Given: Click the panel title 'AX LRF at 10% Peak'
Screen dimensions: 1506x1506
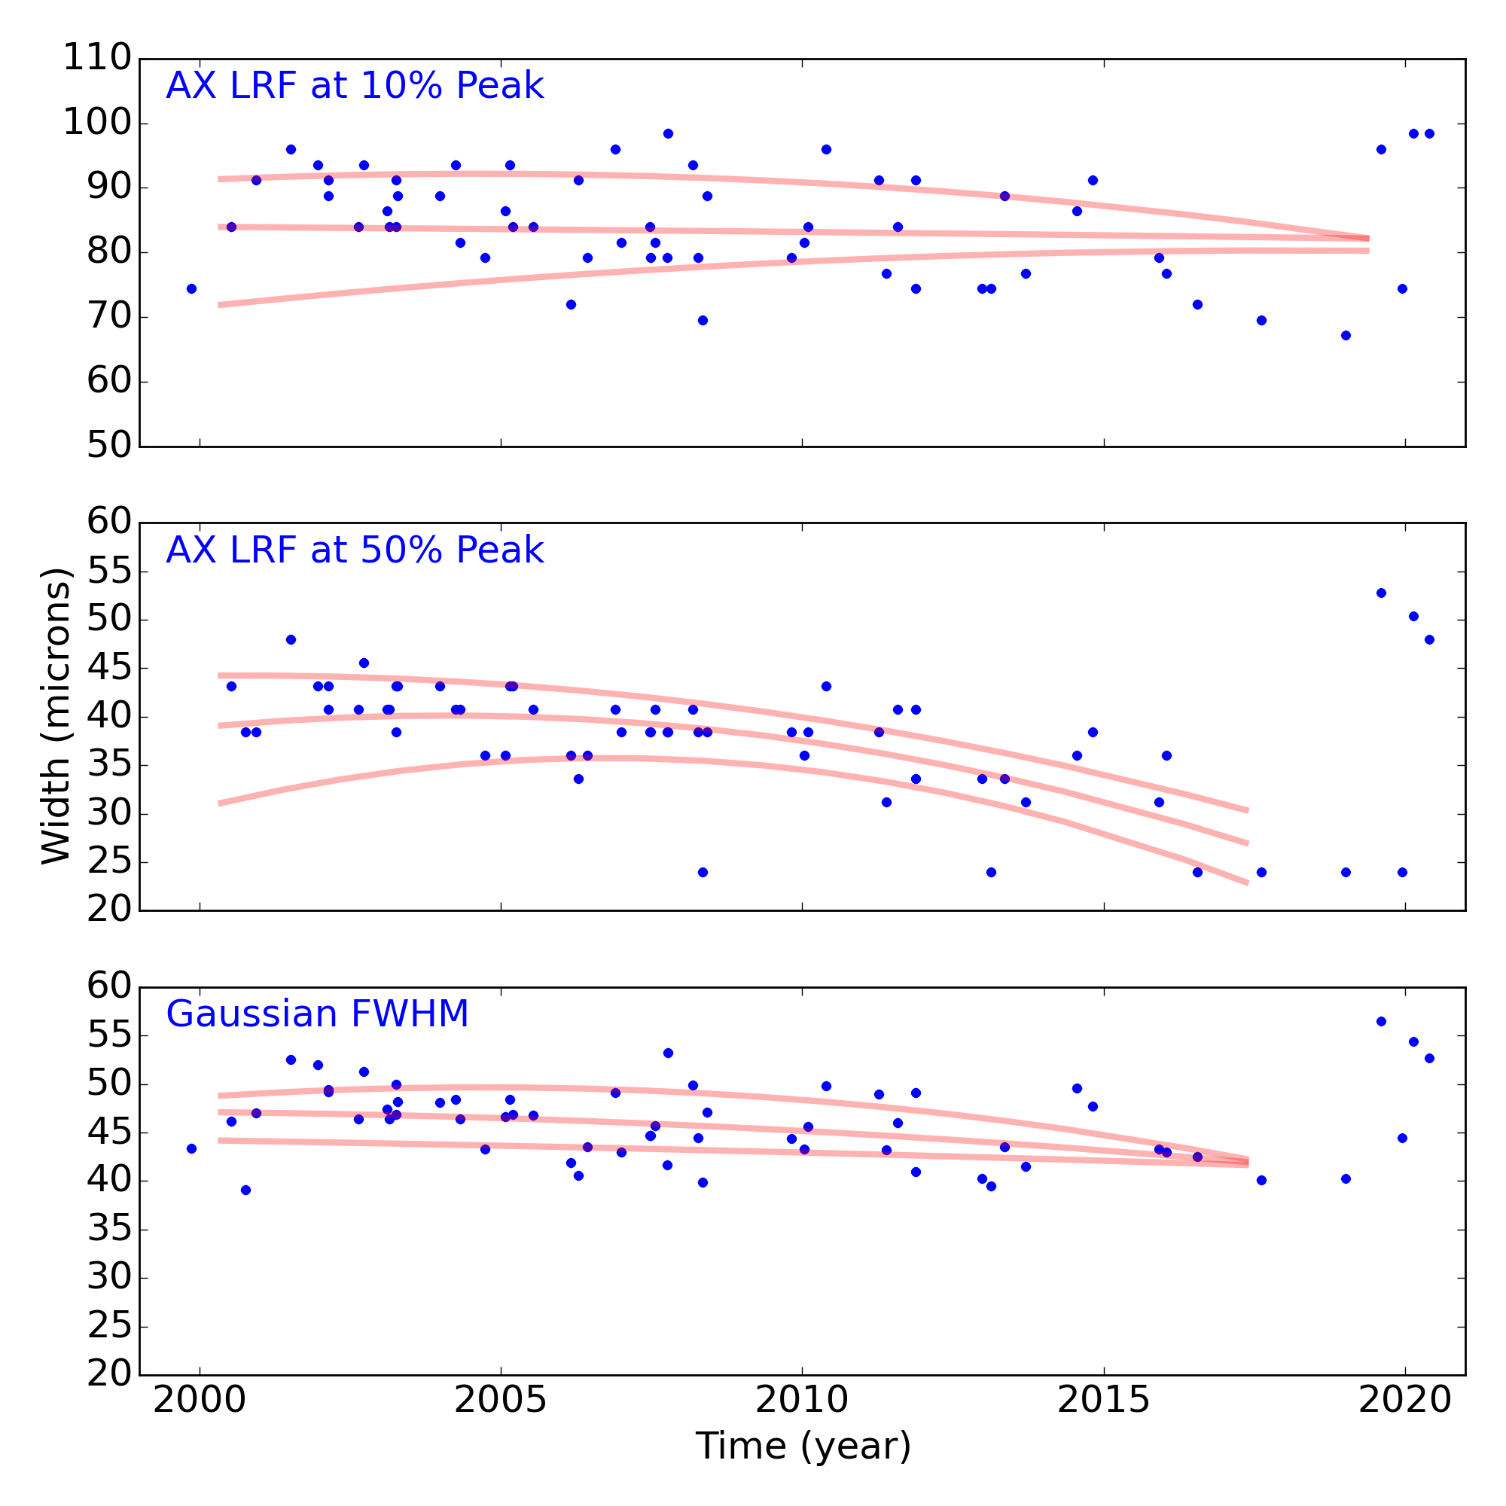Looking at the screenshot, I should pyautogui.click(x=355, y=86).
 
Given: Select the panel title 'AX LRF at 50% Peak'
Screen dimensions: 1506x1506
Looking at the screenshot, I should pyautogui.click(x=355, y=550).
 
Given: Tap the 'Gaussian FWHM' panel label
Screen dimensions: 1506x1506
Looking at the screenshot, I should pyautogui.click(x=317, y=1014).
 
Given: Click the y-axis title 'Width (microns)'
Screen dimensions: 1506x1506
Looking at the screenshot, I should pyautogui.click(x=56, y=715).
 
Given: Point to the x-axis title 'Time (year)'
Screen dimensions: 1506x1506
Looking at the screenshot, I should pyautogui.click(x=803, y=1446).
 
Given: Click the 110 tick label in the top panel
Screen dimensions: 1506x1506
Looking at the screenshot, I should pyautogui.click(x=96, y=59).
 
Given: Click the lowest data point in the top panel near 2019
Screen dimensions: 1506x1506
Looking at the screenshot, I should pyautogui.click(x=1346, y=335).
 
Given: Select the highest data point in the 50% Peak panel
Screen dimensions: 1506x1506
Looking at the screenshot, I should pyautogui.click(x=1381, y=593).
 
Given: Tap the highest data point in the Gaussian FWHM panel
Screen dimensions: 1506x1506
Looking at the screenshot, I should pyautogui.click(x=1381, y=1021).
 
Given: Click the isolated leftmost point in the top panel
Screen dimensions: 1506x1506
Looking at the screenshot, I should pyautogui.click(x=192, y=288).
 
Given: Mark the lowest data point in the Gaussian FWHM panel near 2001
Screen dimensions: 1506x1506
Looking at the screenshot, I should pyautogui.click(x=245, y=1190).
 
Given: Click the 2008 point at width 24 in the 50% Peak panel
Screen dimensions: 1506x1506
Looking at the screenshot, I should pyautogui.click(x=703, y=872).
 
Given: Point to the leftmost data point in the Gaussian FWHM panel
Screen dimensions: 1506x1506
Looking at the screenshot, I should pyautogui.click(x=192, y=1148).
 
